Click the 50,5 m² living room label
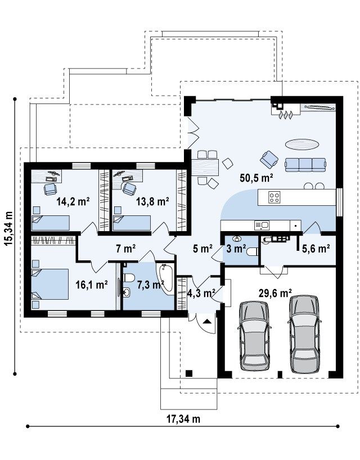(256, 178)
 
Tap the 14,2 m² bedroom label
(73, 201)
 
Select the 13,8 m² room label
(152, 201)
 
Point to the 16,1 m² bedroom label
(92, 285)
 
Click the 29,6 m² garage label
(275, 293)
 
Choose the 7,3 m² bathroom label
(151, 285)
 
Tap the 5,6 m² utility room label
(316, 249)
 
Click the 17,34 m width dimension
(183, 419)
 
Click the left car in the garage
(254, 336)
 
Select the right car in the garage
(304, 334)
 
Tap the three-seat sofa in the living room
(305, 165)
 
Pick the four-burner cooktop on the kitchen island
(274, 197)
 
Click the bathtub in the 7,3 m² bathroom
(166, 277)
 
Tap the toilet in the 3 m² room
(253, 252)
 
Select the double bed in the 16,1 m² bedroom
(50, 284)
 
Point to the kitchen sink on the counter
(262, 226)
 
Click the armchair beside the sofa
(269, 159)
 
